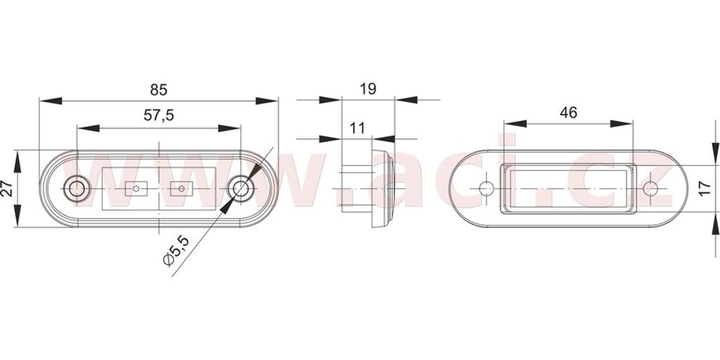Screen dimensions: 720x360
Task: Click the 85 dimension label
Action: click(x=158, y=89)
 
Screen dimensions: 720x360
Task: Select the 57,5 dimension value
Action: click(x=159, y=115)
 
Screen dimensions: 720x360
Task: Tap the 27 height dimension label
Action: click(x=7, y=188)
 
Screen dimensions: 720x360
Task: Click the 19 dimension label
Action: click(x=368, y=89)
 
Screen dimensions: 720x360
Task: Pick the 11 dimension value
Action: click(x=357, y=128)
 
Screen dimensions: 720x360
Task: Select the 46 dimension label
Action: click(x=568, y=112)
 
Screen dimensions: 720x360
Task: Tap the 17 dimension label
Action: click(x=705, y=188)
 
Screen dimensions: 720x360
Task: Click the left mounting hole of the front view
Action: click(x=77, y=188)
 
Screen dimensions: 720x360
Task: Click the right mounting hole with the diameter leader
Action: click(x=240, y=188)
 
